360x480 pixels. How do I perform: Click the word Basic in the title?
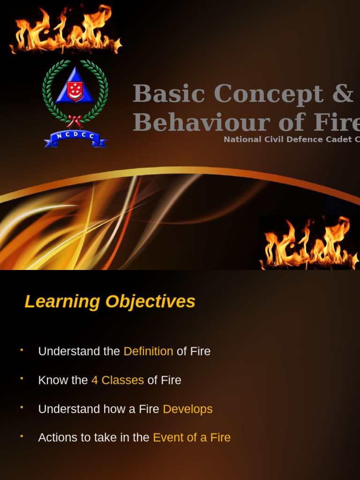[x=169, y=94]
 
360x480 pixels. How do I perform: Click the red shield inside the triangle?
[x=75, y=91]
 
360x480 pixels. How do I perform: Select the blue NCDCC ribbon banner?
[x=75, y=137]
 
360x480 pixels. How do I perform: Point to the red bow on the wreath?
[x=74, y=120]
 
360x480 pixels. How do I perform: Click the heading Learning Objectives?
[x=110, y=301]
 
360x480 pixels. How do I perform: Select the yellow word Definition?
[x=148, y=351]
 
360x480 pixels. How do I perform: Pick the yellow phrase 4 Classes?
[x=118, y=380]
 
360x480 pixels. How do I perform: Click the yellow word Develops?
[x=187, y=409]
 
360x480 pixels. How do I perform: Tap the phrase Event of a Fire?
[x=192, y=437]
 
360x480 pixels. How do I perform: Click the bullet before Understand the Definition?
[x=22, y=350]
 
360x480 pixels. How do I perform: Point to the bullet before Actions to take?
[x=22, y=436]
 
